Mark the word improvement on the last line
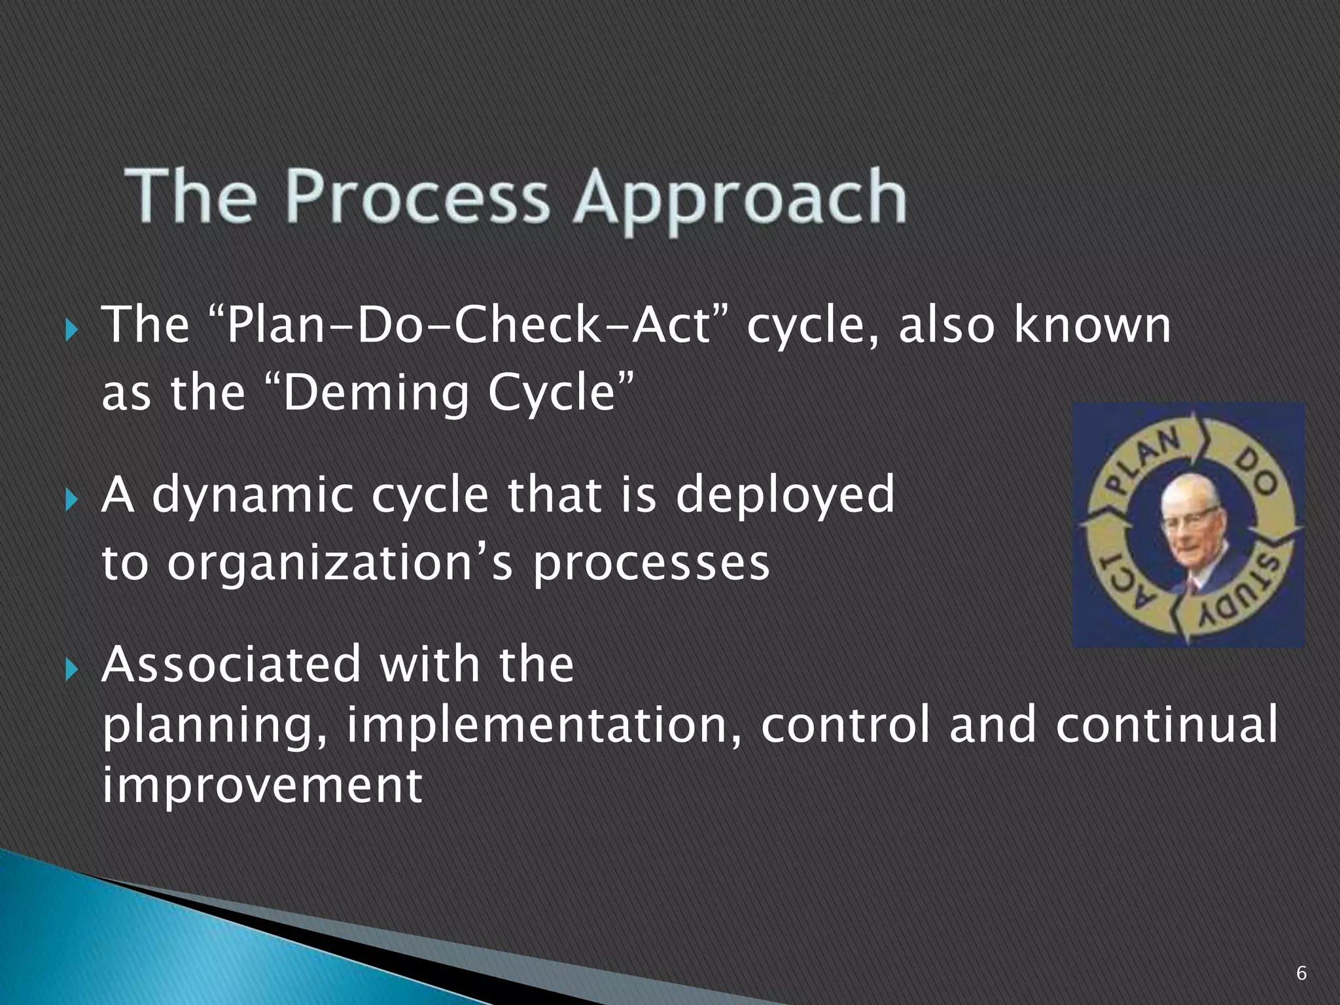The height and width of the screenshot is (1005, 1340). pyautogui.click(x=262, y=785)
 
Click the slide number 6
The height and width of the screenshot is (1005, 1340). pyautogui.click(x=1301, y=974)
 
